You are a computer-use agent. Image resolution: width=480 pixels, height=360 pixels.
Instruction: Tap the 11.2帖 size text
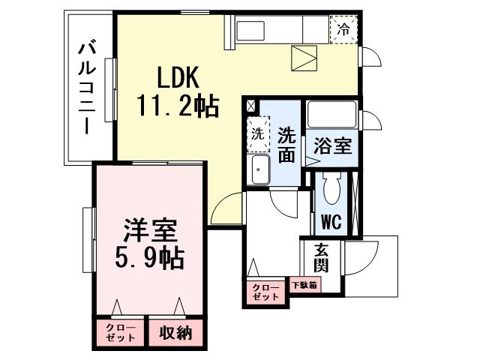[177, 107]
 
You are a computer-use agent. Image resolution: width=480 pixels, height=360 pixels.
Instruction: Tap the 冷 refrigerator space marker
[343, 30]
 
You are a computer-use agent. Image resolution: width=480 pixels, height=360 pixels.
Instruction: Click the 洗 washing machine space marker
[257, 136]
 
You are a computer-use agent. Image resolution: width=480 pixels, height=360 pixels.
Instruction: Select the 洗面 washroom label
[286, 145]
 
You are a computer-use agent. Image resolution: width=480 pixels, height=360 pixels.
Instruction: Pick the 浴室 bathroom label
[332, 145]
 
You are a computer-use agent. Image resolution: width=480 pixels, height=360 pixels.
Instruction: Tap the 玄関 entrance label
[320, 259]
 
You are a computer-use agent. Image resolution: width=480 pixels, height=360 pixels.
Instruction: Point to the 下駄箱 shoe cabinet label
[304, 286]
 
